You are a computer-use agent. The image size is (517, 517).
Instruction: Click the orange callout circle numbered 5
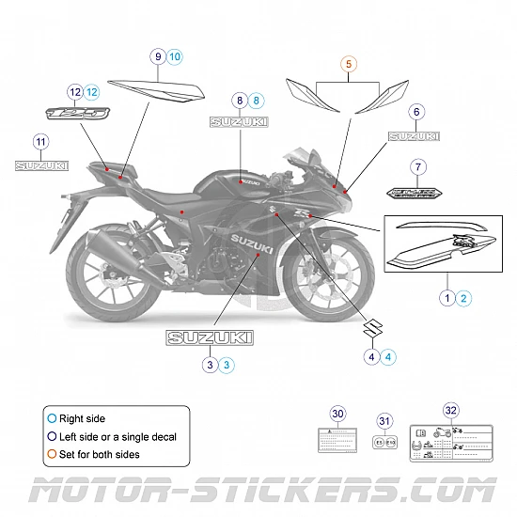click(x=349, y=65)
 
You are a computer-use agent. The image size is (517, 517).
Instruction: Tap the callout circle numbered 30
click(x=338, y=414)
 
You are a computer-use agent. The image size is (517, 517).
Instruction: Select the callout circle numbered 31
click(x=384, y=421)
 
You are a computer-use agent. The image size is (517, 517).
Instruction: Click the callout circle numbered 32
click(x=451, y=410)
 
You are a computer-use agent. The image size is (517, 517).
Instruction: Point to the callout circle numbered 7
click(x=418, y=167)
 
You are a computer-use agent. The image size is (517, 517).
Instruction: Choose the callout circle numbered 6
click(x=415, y=112)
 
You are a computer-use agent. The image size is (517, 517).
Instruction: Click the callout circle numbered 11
click(x=40, y=142)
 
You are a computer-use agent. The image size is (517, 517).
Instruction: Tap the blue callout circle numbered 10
click(x=175, y=56)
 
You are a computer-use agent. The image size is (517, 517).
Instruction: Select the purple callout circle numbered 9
click(x=158, y=56)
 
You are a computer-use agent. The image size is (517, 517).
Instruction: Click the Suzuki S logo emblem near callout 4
click(x=373, y=330)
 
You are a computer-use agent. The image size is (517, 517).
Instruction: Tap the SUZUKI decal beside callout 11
click(x=41, y=165)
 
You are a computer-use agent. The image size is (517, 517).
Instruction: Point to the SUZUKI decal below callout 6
click(x=414, y=136)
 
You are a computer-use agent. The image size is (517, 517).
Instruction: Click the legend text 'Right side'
click(x=82, y=418)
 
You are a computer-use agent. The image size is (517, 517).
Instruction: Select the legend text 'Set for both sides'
click(x=100, y=454)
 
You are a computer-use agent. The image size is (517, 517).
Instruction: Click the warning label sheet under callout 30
click(x=338, y=440)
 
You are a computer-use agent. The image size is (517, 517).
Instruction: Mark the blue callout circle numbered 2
click(x=465, y=297)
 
